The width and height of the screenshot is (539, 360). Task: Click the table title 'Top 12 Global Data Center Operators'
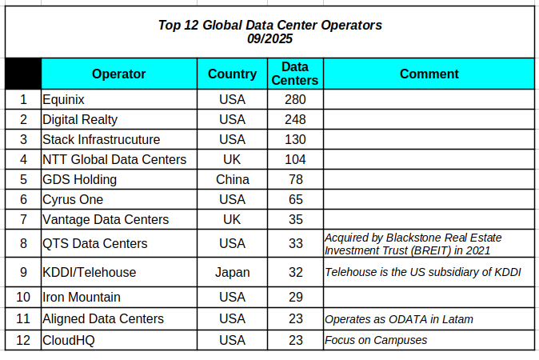[x=269, y=25]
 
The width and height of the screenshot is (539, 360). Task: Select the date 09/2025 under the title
[x=269, y=38]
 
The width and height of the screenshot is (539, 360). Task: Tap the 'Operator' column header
[x=118, y=74]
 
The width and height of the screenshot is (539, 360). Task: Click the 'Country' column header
[x=232, y=74]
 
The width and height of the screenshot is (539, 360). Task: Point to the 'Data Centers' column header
[x=295, y=74]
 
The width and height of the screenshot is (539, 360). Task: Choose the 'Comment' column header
[x=429, y=74]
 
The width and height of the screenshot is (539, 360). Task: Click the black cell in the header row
[x=23, y=74]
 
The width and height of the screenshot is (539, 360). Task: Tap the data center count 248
[x=295, y=119]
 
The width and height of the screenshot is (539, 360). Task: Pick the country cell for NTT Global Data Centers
[x=232, y=159]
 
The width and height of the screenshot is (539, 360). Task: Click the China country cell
[x=232, y=179]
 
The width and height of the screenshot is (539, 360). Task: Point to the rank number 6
[x=23, y=199]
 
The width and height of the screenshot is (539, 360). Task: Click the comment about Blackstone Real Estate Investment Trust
[x=424, y=243]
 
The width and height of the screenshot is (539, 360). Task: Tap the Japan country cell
[x=232, y=272]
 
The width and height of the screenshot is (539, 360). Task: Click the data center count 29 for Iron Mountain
[x=295, y=297]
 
